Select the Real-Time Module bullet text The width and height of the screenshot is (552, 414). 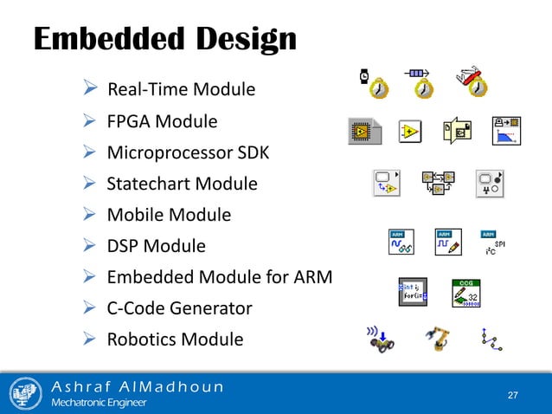(181, 89)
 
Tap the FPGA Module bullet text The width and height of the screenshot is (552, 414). (162, 121)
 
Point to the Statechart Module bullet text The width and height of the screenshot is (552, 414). (182, 184)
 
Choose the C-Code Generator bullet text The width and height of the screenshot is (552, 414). (179, 307)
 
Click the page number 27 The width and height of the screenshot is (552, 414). (513, 395)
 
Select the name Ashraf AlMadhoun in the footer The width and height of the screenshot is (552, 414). (138, 385)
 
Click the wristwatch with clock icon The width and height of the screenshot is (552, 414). (374, 83)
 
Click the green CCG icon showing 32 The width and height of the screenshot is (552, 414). (465, 294)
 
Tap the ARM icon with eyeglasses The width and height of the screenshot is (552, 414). (400, 243)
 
